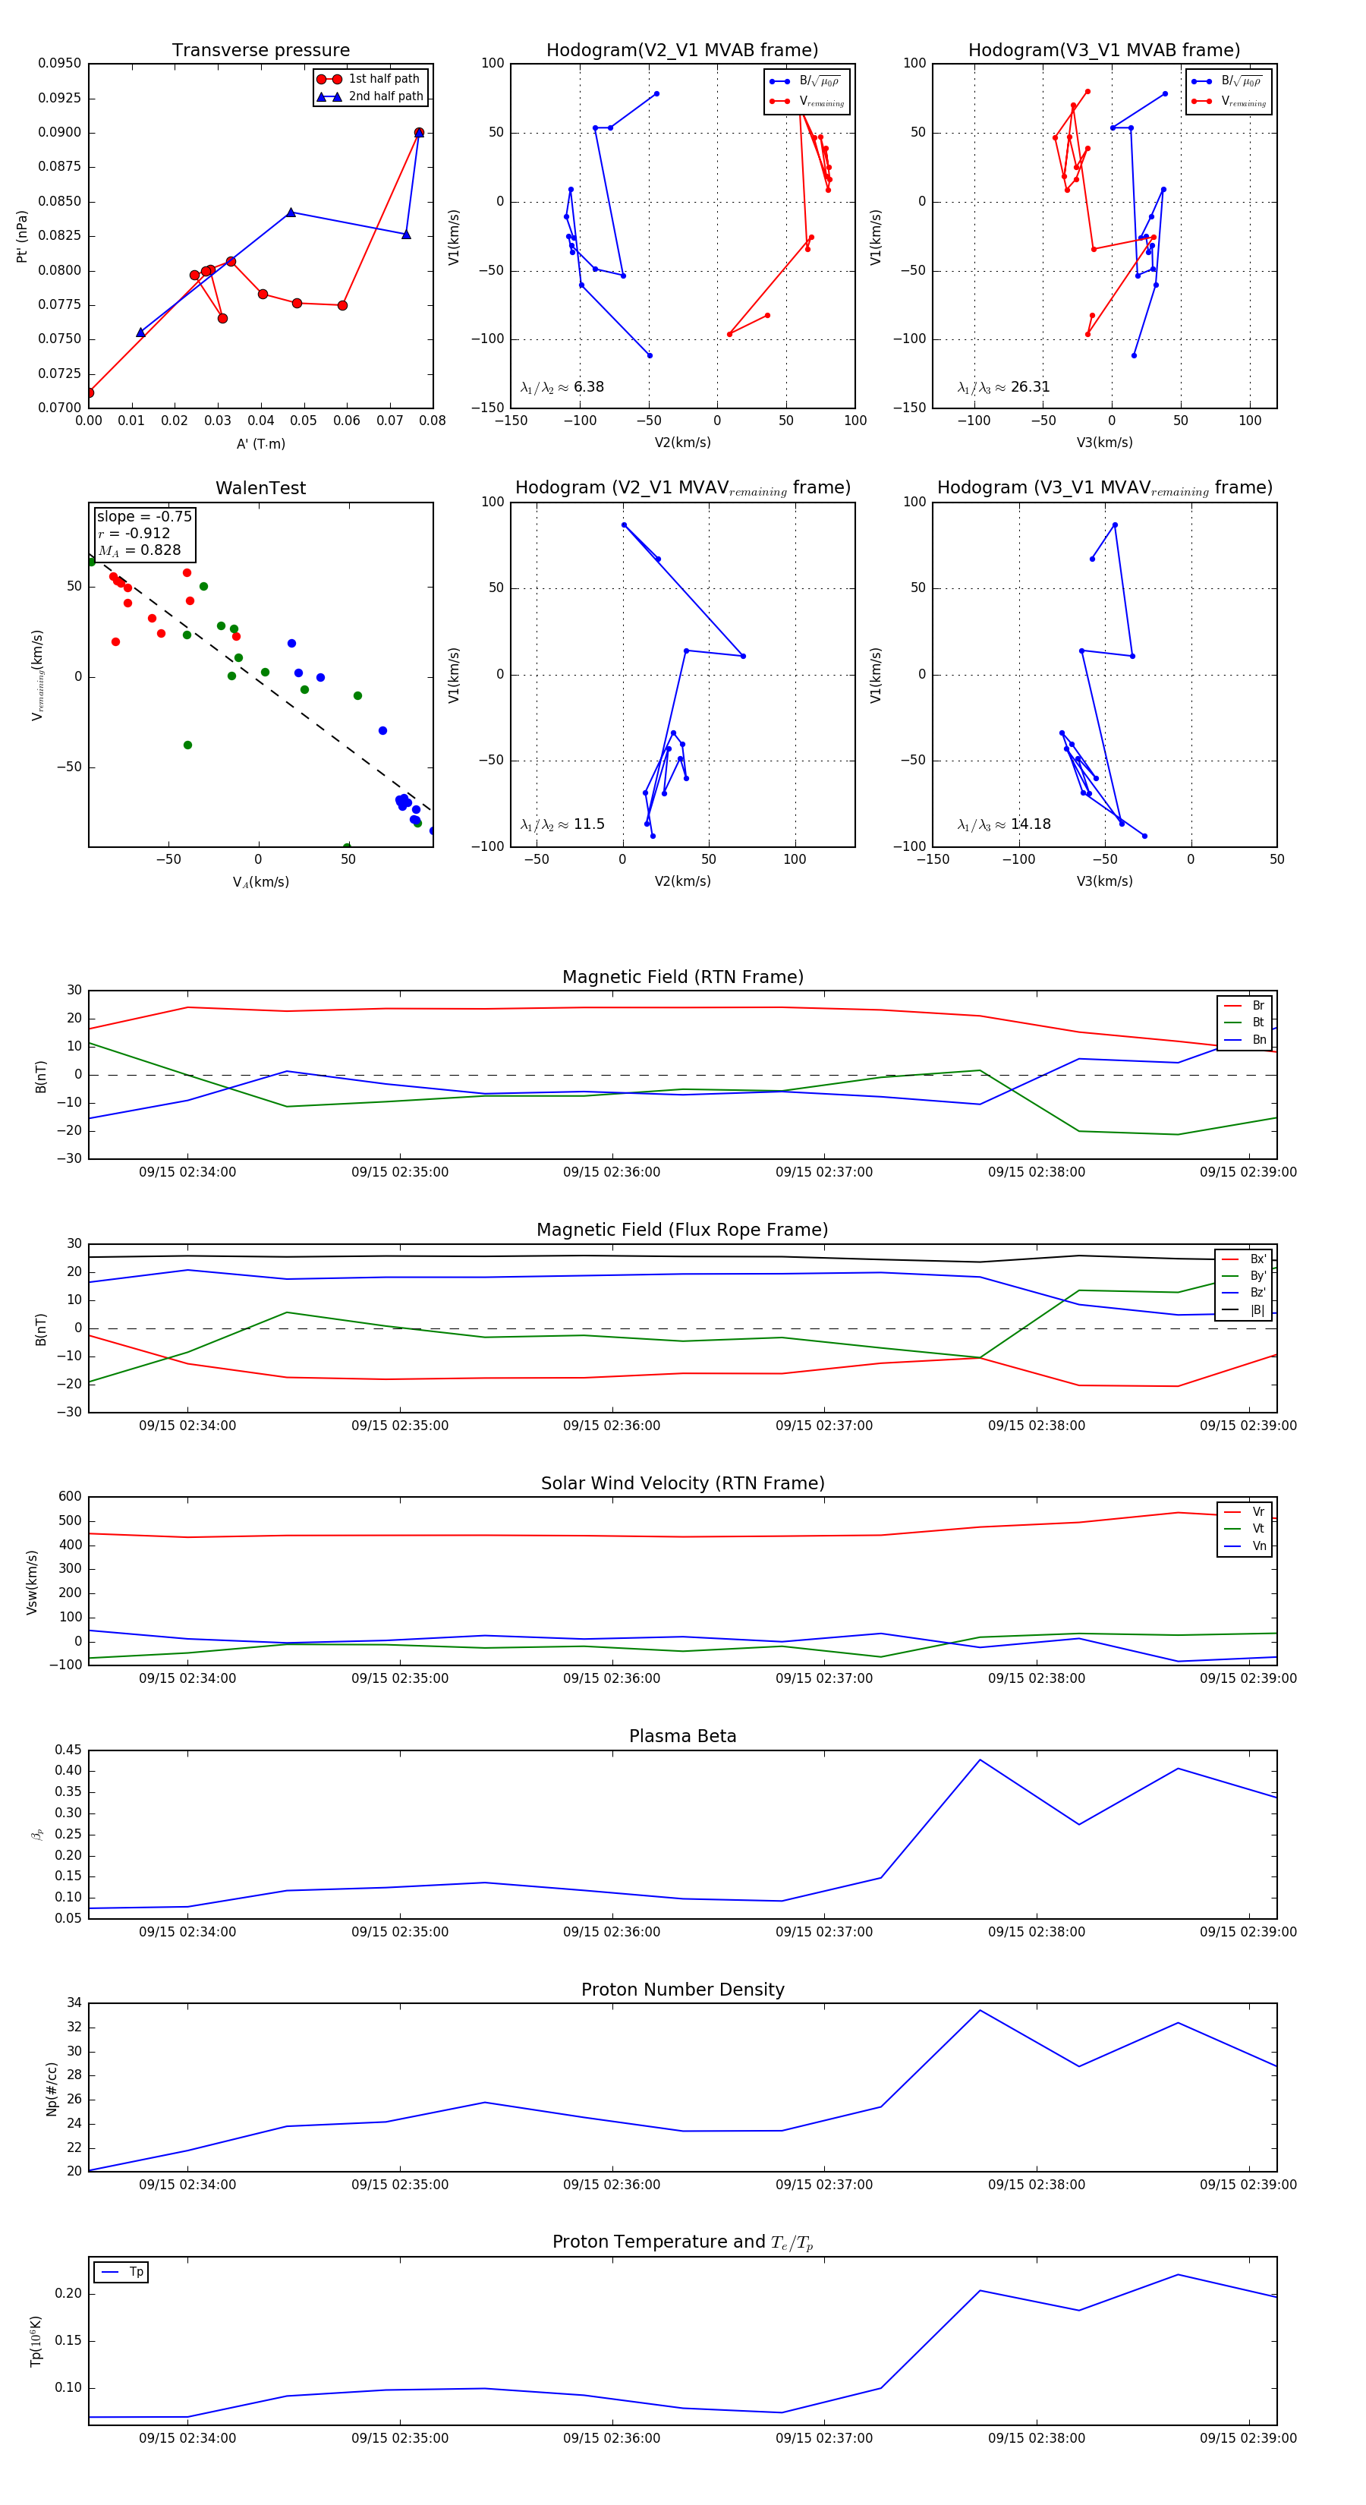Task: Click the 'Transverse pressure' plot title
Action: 260,51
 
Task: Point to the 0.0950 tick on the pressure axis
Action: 59,63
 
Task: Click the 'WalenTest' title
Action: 260,488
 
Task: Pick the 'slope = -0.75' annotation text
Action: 144,516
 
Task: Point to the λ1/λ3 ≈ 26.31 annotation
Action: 1003,387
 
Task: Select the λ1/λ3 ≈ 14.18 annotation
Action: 1003,824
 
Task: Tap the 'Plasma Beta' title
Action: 682,1737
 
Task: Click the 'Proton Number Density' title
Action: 682,1990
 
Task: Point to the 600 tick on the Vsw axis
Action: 70,1497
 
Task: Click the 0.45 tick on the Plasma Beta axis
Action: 68,1750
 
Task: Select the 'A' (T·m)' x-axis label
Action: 260,444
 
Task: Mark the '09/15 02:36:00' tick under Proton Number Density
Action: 612,2184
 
